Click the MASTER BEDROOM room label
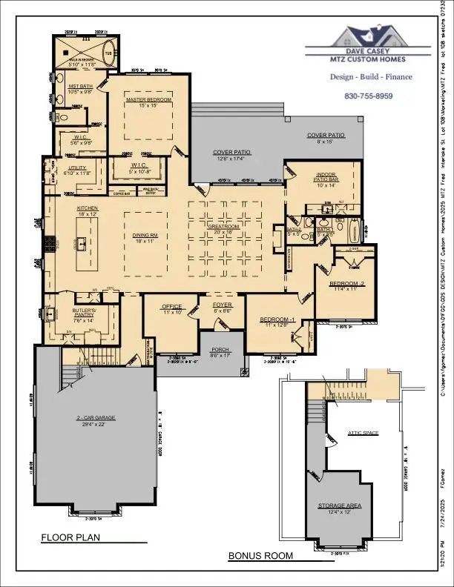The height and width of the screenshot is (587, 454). [148, 99]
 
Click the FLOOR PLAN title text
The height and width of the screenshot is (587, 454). [71, 537]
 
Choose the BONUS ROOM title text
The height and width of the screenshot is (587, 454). [260, 555]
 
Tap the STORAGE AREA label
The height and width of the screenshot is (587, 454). [339, 505]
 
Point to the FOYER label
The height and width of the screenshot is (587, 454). [223, 305]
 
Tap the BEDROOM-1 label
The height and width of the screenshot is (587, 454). [274, 319]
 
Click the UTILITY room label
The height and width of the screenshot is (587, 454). [78, 168]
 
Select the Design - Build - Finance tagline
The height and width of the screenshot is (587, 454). [368, 76]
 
